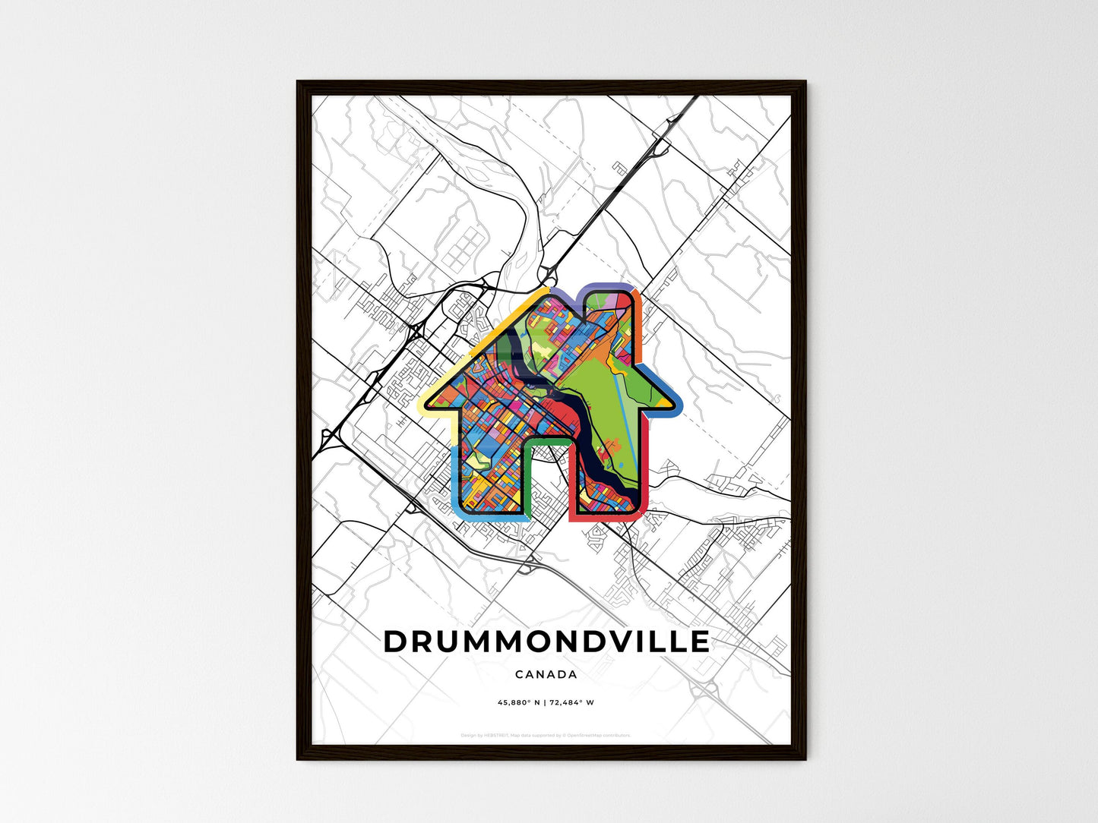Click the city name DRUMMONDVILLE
point(546,642)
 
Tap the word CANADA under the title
point(546,674)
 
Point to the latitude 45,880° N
point(518,703)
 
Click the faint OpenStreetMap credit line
point(546,735)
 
